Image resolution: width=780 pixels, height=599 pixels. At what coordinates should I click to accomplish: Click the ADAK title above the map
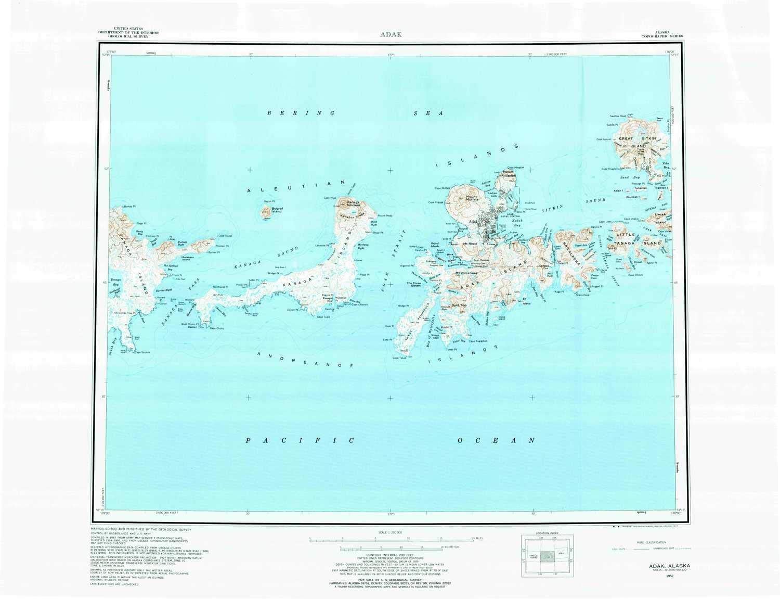(x=390, y=34)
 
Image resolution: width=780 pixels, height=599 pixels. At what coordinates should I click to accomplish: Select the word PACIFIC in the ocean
(x=300, y=441)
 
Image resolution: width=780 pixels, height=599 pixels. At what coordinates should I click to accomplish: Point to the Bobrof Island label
(x=276, y=210)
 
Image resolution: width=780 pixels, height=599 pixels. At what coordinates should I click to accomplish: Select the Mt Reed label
(x=470, y=244)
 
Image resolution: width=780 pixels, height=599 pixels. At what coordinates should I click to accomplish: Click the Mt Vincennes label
(x=466, y=273)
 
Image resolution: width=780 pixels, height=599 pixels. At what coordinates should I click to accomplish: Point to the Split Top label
(x=459, y=305)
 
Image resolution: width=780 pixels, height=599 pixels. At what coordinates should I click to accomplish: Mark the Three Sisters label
(x=414, y=284)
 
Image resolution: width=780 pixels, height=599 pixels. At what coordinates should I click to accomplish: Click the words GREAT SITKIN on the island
(x=637, y=139)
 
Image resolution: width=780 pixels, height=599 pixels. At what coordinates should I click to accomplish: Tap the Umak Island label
(x=660, y=218)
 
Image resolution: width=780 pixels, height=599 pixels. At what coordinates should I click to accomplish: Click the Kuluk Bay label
(x=516, y=223)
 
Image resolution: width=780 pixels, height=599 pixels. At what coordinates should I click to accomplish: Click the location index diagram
(x=547, y=556)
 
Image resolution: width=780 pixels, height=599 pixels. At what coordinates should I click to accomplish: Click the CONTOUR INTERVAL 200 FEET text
(x=390, y=554)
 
